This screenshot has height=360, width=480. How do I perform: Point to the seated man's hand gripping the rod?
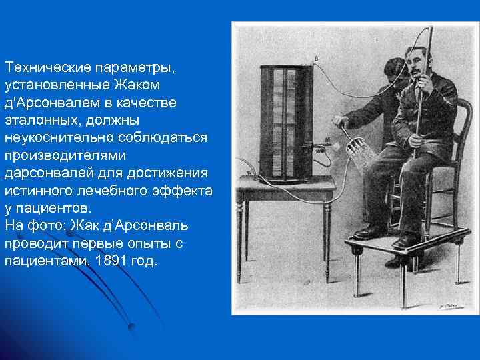416,141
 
